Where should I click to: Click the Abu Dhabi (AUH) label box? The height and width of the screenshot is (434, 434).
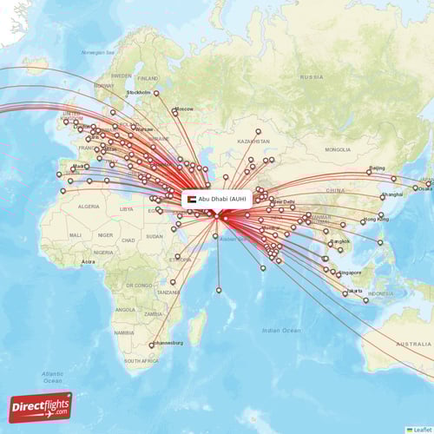point(217,199)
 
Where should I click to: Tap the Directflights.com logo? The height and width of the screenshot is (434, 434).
point(40,406)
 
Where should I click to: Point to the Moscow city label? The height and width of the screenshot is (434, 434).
point(183,108)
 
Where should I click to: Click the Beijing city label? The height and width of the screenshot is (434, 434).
point(377,168)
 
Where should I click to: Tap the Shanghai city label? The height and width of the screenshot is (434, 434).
point(391,194)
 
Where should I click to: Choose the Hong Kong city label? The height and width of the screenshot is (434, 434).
point(376,220)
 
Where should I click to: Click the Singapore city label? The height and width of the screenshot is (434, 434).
point(351,273)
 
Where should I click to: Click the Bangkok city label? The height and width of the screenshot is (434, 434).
point(339,240)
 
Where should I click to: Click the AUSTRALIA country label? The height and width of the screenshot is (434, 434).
point(413,344)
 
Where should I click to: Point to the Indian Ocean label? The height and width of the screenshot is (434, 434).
point(281,330)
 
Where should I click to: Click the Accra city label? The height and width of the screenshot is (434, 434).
point(88,261)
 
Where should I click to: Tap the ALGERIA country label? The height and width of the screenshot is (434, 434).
point(89,207)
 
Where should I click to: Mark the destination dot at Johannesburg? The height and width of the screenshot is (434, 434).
point(152,345)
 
